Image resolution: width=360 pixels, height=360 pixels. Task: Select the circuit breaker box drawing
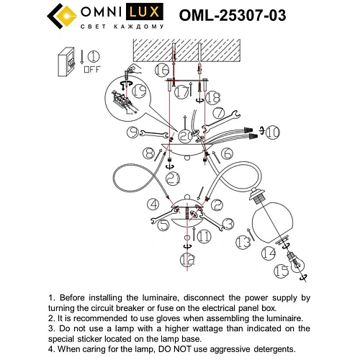[67, 60]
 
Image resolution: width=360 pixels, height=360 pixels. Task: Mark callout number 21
[171, 177]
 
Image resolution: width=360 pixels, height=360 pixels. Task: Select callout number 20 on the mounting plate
[186, 136]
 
